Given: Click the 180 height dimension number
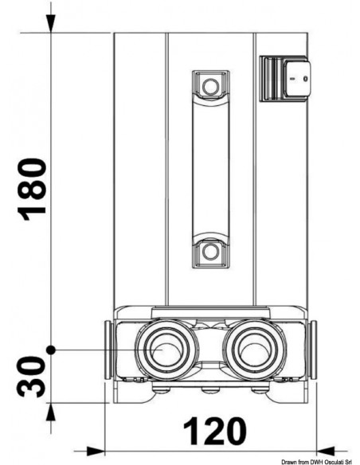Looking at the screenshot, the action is point(32,190).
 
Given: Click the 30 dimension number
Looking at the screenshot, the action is point(32,377).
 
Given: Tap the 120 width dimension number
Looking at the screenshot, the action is point(215,432).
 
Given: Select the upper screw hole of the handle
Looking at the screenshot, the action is point(210,87).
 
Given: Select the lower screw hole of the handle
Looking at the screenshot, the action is point(210,252).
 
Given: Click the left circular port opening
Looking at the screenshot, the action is point(166,350).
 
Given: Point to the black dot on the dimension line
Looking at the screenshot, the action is point(51,350).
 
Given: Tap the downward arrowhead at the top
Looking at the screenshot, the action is point(51,23).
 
